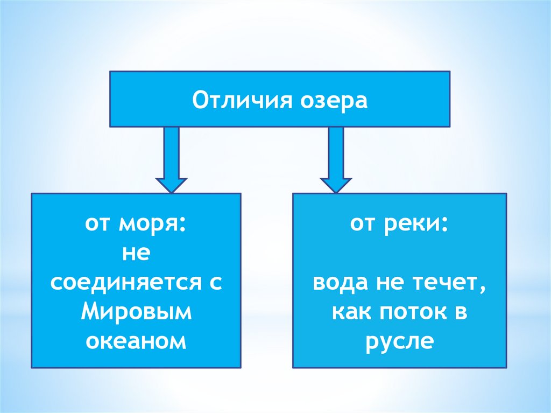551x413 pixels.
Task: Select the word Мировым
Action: [x=136, y=312]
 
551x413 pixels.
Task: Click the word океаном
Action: [x=136, y=341]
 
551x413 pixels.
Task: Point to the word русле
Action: [x=399, y=342]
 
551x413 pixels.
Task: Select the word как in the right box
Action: [x=350, y=312]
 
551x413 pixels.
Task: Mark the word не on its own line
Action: [x=136, y=254]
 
